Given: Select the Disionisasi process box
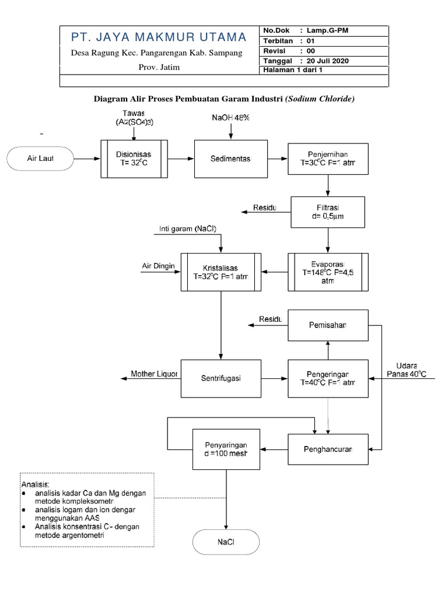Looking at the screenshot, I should click(x=134, y=158).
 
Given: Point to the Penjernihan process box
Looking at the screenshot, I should click(x=328, y=159).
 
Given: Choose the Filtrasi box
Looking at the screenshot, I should click(x=328, y=212).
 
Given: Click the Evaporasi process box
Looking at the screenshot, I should click(x=328, y=271).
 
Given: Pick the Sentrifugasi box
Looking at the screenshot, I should click(x=221, y=378).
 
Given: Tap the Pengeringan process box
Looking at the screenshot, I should click(x=328, y=378).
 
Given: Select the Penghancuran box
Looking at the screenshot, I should click(x=328, y=449).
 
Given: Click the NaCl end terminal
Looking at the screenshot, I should click(x=226, y=542).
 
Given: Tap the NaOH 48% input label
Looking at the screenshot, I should click(x=230, y=118).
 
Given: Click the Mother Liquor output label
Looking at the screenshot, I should click(x=154, y=374).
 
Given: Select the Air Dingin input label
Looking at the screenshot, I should click(x=159, y=266).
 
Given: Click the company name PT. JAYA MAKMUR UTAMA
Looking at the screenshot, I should click(x=159, y=38).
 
